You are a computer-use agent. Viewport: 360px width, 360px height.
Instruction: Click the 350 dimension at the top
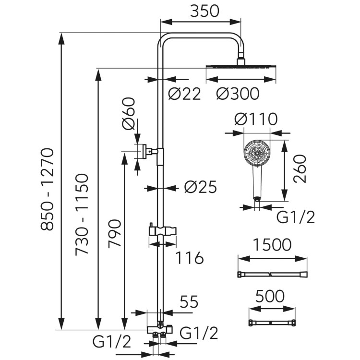pyautogui.click(x=202, y=11)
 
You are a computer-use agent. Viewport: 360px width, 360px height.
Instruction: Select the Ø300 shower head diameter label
pyautogui.click(x=238, y=94)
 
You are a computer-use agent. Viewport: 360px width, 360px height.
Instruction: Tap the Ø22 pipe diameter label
pyautogui.click(x=184, y=94)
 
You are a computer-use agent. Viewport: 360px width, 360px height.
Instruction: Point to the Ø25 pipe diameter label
pyautogui.click(x=201, y=187)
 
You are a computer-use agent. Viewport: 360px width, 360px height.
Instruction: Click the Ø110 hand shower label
pyautogui.click(x=256, y=119)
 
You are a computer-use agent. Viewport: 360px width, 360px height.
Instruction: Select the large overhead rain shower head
pyautogui.click(x=240, y=67)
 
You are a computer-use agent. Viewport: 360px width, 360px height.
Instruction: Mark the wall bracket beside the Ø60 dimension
pyautogui.click(x=146, y=151)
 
